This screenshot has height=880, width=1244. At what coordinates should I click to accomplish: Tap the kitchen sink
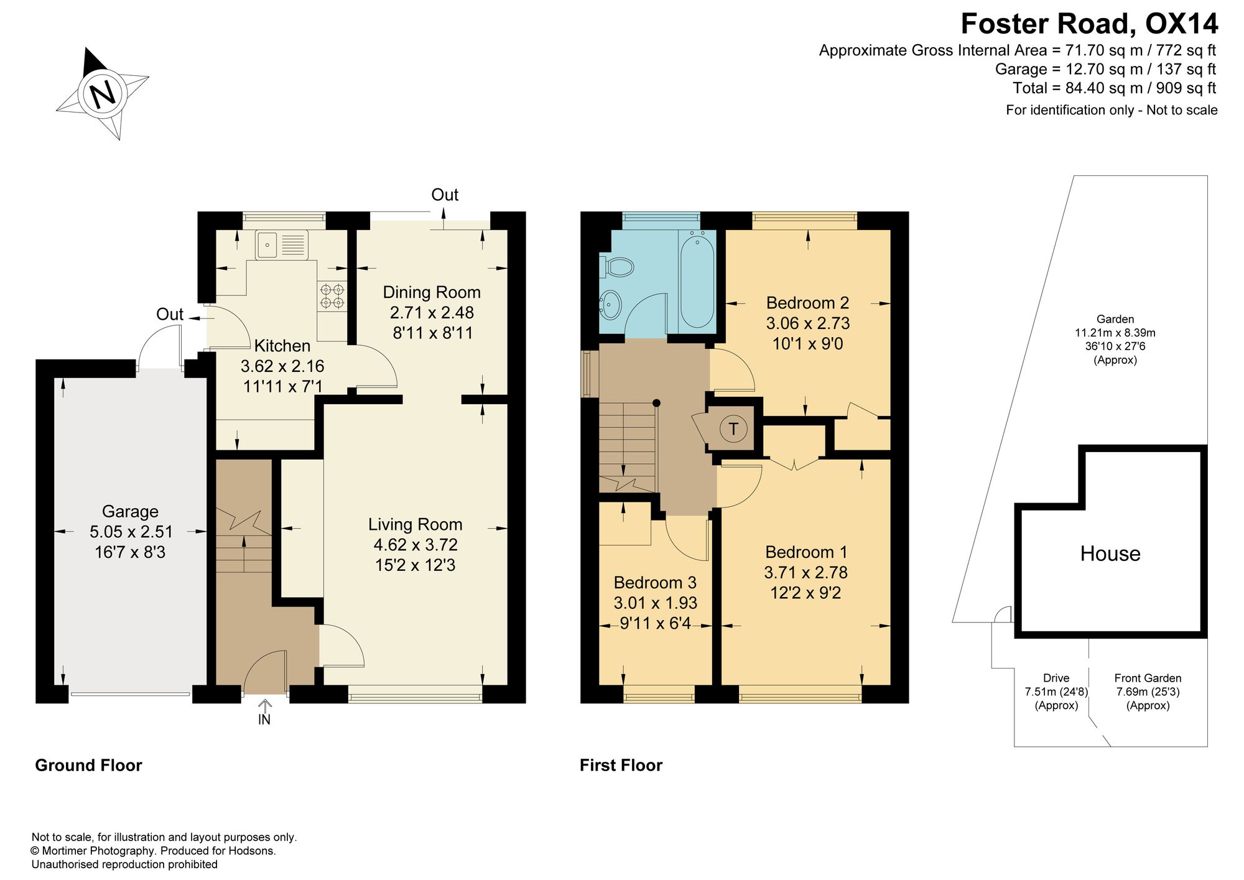click(x=281, y=244)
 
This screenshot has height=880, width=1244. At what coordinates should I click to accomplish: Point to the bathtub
click(x=697, y=279)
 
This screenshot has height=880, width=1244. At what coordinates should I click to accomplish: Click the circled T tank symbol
click(x=733, y=428)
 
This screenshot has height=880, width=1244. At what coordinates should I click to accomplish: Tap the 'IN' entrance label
click(x=264, y=720)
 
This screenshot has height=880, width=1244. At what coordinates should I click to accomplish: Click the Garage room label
click(x=130, y=511)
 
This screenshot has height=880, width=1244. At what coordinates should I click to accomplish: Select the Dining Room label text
click(x=432, y=292)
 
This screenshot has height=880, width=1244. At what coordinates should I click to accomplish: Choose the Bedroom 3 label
click(x=655, y=583)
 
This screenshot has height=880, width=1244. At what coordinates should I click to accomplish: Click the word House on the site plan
click(x=1110, y=553)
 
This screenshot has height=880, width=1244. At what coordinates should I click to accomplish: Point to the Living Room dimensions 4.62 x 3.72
click(x=415, y=545)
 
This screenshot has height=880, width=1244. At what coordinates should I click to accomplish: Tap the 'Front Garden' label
click(x=1148, y=678)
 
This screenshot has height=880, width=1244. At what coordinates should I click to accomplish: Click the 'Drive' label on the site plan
click(x=1056, y=678)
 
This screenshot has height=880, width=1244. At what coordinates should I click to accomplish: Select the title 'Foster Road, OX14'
click(x=1089, y=24)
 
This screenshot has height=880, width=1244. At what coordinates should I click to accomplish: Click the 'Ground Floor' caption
click(x=88, y=765)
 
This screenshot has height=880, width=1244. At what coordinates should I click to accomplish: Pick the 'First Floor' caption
click(x=621, y=765)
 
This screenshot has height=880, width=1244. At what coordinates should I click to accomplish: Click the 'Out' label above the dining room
click(x=445, y=195)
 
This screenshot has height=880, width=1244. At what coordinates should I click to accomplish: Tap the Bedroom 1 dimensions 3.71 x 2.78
click(x=805, y=572)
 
